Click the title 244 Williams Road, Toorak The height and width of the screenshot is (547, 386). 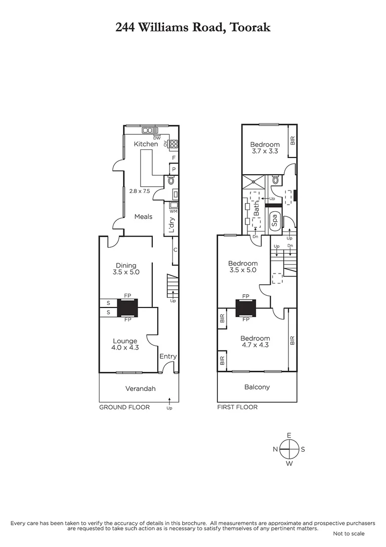[x=193, y=27]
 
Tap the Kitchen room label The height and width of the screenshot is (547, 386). [x=146, y=144]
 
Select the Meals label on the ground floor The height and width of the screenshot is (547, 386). [x=143, y=217]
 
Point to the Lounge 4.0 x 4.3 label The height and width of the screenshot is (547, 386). [x=124, y=344]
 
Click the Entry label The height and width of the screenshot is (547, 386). [x=168, y=357]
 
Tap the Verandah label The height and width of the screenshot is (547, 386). [x=140, y=389]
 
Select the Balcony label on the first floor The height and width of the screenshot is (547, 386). [x=257, y=387]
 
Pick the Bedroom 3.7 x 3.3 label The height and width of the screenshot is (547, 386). [x=266, y=147]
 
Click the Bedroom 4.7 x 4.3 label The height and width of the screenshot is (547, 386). [x=255, y=341]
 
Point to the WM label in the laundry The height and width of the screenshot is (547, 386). [x=173, y=211]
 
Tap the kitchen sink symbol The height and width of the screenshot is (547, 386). [x=150, y=131]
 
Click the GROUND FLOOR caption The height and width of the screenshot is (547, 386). [x=124, y=407]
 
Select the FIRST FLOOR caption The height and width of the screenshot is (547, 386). [x=237, y=407]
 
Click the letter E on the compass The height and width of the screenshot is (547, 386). [x=289, y=436]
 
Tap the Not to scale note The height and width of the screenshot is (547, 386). [x=349, y=533]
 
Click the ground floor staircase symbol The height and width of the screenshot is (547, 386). [x=173, y=286]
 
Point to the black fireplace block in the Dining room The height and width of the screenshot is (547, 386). [x=127, y=307]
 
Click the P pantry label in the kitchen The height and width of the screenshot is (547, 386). [x=174, y=169]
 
